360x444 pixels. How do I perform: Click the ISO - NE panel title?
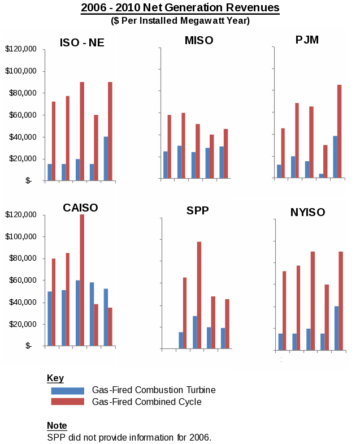point(82,42)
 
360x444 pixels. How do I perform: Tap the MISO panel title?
point(199,40)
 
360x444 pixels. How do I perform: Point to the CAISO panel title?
point(80,208)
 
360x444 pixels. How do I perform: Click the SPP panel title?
point(198,211)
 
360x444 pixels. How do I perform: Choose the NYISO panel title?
point(307,212)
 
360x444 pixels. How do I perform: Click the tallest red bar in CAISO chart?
point(82,280)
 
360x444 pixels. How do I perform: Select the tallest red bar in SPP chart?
point(199,295)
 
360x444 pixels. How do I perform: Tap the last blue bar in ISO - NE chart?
point(106,158)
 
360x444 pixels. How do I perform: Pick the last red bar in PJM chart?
point(340,131)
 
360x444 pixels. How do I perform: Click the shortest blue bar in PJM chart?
point(322,176)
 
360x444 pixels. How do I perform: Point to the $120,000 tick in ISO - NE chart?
point(20,49)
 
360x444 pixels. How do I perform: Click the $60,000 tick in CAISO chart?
point(20,281)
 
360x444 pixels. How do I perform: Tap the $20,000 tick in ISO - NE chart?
point(20,159)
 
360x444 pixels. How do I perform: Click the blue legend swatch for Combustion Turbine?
point(67,391)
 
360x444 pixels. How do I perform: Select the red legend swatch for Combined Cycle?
point(67,402)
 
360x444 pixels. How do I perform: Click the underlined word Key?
point(55,378)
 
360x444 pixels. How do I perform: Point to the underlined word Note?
point(57,425)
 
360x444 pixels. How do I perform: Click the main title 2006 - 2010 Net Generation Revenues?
point(180,8)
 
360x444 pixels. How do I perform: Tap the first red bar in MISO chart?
point(169,146)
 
